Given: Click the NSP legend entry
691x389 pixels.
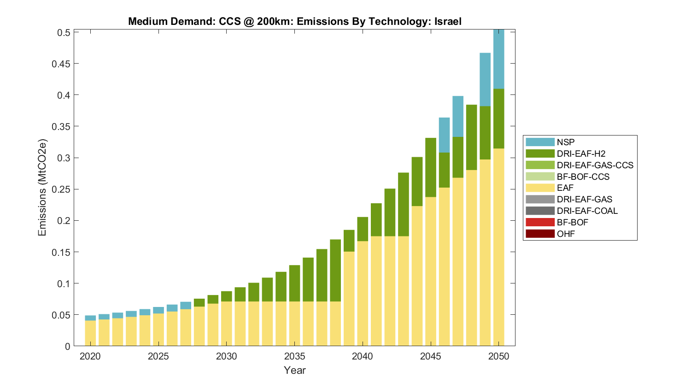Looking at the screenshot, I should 565,142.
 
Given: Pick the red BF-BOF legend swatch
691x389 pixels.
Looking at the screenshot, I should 540,222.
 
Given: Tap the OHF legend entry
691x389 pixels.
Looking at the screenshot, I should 566,234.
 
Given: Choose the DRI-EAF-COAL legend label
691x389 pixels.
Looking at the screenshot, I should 587,211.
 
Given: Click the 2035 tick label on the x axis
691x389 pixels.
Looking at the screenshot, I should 295,356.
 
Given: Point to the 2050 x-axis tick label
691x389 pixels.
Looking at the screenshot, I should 499,356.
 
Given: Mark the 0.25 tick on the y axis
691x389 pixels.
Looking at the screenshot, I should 64,189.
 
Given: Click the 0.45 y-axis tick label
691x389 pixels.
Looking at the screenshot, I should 64,64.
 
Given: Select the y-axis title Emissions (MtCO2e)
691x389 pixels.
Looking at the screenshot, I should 42,188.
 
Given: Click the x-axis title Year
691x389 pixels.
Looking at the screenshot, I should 295,370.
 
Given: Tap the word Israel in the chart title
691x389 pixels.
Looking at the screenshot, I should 448,21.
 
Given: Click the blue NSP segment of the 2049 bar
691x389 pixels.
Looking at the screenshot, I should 485,79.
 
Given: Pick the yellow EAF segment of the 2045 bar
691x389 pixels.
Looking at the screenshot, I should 431,272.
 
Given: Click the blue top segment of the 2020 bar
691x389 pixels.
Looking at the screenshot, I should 90,318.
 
